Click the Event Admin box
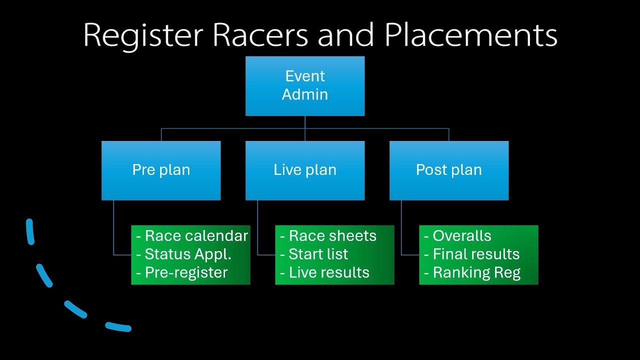click(x=305, y=86)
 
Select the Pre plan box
click(x=161, y=170)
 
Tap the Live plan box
click(x=305, y=170)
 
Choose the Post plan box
click(x=449, y=170)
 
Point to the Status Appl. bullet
click(x=187, y=254)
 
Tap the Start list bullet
click(x=318, y=254)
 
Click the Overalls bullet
click(x=461, y=236)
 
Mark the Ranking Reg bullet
click(x=476, y=272)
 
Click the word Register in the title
click(x=143, y=36)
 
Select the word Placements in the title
click(x=470, y=36)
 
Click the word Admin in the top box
click(x=305, y=94)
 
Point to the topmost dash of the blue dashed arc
click(x=30, y=231)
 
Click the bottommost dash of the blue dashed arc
click(x=118, y=327)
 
